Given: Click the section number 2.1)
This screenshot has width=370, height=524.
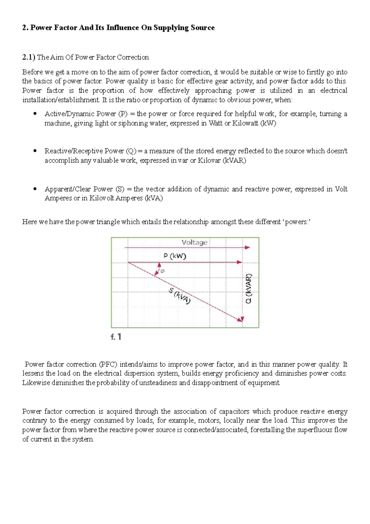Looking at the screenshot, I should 29,57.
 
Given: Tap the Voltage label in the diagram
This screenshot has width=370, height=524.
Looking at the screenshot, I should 194,243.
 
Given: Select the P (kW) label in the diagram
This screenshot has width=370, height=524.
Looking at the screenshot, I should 175,256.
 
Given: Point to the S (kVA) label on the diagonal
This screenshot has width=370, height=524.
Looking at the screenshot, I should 179,295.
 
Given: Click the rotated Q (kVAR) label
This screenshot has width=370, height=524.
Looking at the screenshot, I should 249,289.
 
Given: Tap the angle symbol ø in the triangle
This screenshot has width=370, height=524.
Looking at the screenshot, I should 162,271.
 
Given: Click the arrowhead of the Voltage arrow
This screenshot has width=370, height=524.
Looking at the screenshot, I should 247,247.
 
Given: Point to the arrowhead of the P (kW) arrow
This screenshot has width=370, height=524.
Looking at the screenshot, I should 239,262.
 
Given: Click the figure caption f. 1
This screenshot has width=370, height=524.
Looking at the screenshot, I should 116,337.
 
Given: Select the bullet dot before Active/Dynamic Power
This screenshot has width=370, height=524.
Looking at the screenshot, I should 35,114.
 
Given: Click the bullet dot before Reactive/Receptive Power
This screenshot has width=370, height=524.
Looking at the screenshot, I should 35,151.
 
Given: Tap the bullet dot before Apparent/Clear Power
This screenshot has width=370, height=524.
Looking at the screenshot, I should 35,189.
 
